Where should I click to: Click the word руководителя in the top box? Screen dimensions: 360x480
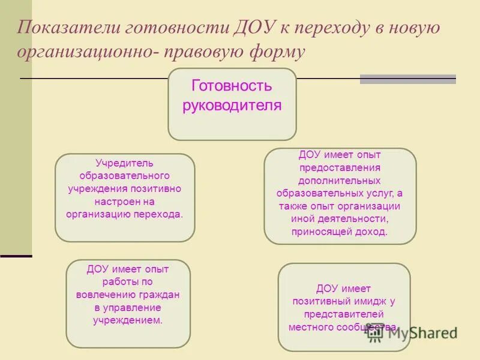pos(232,106)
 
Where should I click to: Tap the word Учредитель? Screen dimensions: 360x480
pos(125,163)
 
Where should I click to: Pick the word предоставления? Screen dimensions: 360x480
pos(340,168)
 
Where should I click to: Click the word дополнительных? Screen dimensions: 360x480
pos(340,181)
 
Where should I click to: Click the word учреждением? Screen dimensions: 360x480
pos(128,320)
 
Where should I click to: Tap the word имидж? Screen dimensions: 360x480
pos(367,301)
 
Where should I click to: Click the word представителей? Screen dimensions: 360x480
pos(344,314)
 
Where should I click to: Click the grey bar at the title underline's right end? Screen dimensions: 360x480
pos(407,79)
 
